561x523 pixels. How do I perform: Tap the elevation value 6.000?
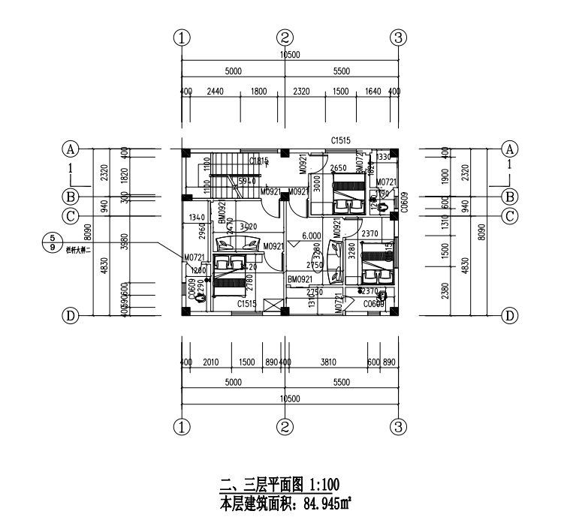point(312,235)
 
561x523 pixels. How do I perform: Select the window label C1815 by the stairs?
point(258,161)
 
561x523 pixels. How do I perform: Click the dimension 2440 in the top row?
point(215,92)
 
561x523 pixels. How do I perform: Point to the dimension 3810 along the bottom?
point(327,362)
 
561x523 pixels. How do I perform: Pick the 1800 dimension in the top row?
point(259,92)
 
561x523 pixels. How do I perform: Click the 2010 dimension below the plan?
point(210,362)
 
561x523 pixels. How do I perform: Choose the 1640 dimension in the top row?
point(373,92)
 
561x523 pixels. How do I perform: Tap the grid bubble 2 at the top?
point(285,37)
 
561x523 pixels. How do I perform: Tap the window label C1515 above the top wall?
point(343,140)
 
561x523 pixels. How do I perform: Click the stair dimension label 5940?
point(247,181)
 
